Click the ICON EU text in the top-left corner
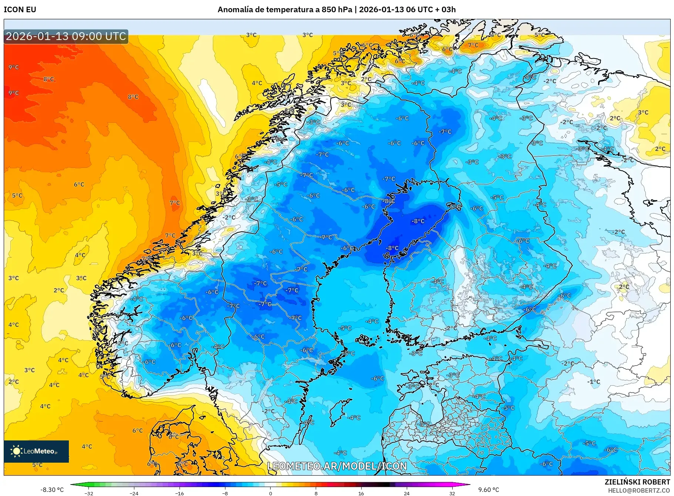tap(20, 10)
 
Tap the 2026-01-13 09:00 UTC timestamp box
tap(66, 36)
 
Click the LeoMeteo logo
tap(36, 451)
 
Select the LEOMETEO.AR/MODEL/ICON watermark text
tap(337, 466)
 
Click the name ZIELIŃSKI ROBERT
tap(637, 482)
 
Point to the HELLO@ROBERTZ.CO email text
tap(639, 490)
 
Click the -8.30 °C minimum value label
tap(52, 490)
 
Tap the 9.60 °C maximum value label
tap(489, 490)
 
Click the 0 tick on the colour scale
tap(270, 493)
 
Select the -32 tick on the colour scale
tap(89, 493)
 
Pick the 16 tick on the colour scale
tap(361, 493)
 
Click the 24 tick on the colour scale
tap(406, 493)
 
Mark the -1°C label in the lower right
tap(593, 382)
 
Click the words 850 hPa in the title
tap(337, 10)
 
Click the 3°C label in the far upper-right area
tap(643, 112)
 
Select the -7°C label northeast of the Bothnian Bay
tap(445, 132)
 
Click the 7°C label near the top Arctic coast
tap(473, 45)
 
